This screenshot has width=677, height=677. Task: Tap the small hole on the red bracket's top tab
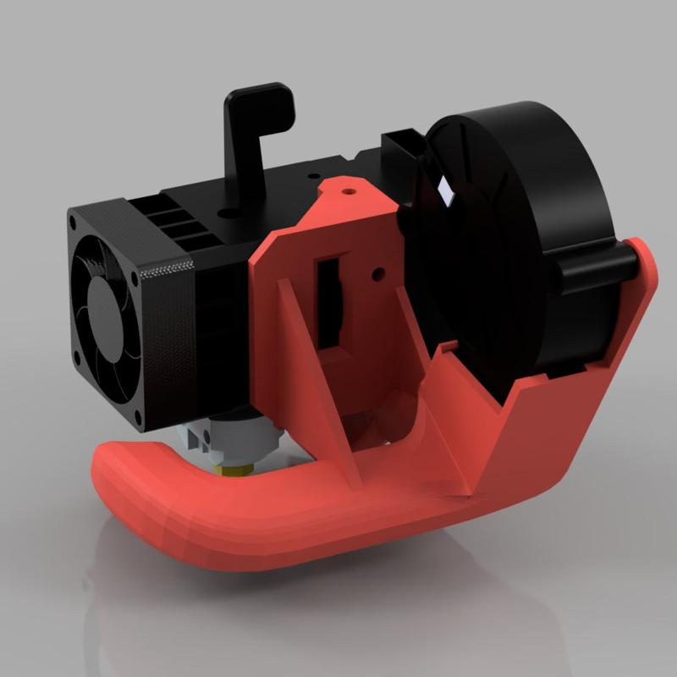(347, 190)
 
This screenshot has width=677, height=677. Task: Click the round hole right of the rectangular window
(377, 273)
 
